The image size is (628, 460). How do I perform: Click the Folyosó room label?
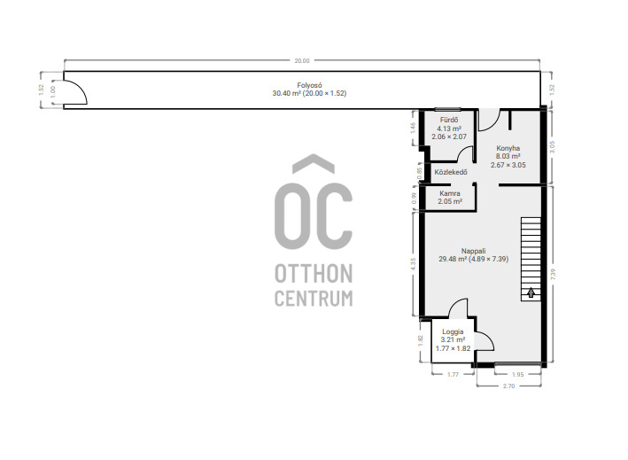[309, 85]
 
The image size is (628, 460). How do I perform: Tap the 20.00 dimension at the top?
[302, 61]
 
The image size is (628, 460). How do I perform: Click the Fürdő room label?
[449, 120]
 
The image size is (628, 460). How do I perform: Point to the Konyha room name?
[508, 148]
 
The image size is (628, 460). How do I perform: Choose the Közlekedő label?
[451, 172]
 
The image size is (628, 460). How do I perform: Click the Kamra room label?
[450, 193]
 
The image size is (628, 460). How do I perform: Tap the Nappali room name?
[473, 251]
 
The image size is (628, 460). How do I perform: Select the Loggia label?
[453, 331]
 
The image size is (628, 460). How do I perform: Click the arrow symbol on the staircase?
[531, 292]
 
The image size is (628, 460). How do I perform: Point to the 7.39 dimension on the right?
[553, 275]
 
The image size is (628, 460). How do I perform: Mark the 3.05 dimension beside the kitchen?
[553, 147]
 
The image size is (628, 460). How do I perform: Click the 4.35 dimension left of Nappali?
[414, 263]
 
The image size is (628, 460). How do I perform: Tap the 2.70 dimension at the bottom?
[508, 386]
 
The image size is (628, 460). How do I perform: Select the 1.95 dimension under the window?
[518, 375]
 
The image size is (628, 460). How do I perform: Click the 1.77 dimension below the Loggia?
[453, 375]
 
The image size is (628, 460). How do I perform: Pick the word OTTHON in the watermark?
[314, 274]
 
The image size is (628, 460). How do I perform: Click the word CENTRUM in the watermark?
[314, 299]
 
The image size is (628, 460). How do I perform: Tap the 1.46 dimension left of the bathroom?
[414, 128]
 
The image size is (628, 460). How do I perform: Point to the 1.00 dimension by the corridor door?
[53, 92]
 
